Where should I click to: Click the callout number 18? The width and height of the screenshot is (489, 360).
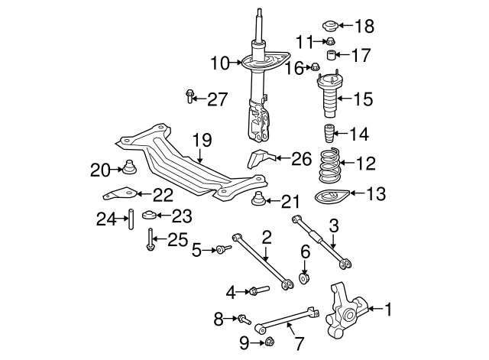[364, 27]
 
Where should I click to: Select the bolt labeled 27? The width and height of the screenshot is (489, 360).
[190, 96]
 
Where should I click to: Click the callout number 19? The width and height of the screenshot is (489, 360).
[201, 140]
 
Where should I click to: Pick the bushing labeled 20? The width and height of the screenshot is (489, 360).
[128, 169]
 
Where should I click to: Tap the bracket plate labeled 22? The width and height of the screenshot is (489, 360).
[119, 193]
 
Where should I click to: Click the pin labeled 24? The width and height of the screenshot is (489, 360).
[130, 219]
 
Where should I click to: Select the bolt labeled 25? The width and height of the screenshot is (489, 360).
[151, 242]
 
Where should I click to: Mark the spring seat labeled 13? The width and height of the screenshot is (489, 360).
[330, 199]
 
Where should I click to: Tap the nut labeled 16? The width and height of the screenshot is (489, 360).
[315, 67]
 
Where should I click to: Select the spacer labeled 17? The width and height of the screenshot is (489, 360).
[332, 54]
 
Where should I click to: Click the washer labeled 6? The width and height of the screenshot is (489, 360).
[304, 277]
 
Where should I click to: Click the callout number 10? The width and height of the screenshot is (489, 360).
[220, 63]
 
